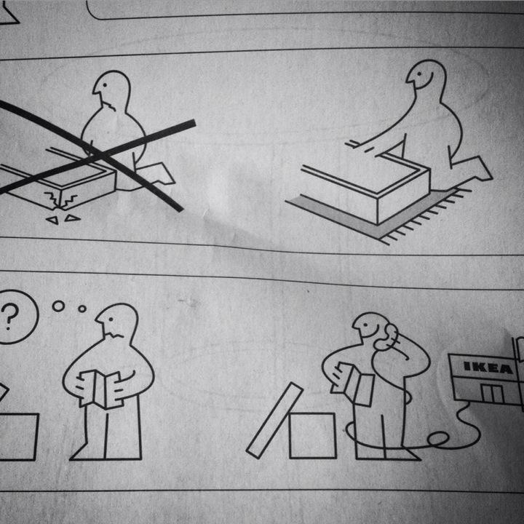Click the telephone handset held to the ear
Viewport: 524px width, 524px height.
[389, 336]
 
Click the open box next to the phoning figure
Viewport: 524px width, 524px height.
[312, 435]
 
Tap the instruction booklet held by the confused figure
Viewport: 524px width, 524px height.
[100, 388]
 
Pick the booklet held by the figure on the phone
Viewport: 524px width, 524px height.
[357, 383]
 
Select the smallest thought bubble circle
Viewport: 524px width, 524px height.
[82, 309]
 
